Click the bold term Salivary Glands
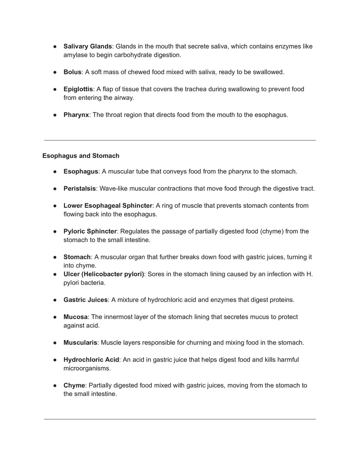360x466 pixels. tap(88, 47)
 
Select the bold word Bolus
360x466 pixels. tap(72, 72)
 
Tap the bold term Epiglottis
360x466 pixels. tap(78, 89)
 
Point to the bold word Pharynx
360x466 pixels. tap(76, 115)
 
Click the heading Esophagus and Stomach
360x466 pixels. tap(81, 156)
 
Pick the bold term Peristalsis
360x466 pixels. tap(79, 189)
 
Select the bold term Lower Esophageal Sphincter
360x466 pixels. tap(108, 206)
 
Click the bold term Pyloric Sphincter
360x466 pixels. tap(90, 232)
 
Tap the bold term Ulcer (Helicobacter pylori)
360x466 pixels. tap(103, 274)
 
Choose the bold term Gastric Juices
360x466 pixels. tap(85, 300)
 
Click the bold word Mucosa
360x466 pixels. tap(76, 317)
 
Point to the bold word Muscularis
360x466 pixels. tap(80, 342)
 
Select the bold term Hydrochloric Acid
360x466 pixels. tap(91, 360)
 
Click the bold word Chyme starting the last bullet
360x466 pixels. tap(74, 385)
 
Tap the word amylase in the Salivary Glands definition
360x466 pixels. tap(75, 55)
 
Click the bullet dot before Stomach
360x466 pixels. tap(54, 257)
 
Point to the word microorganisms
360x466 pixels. tap(87, 368)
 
